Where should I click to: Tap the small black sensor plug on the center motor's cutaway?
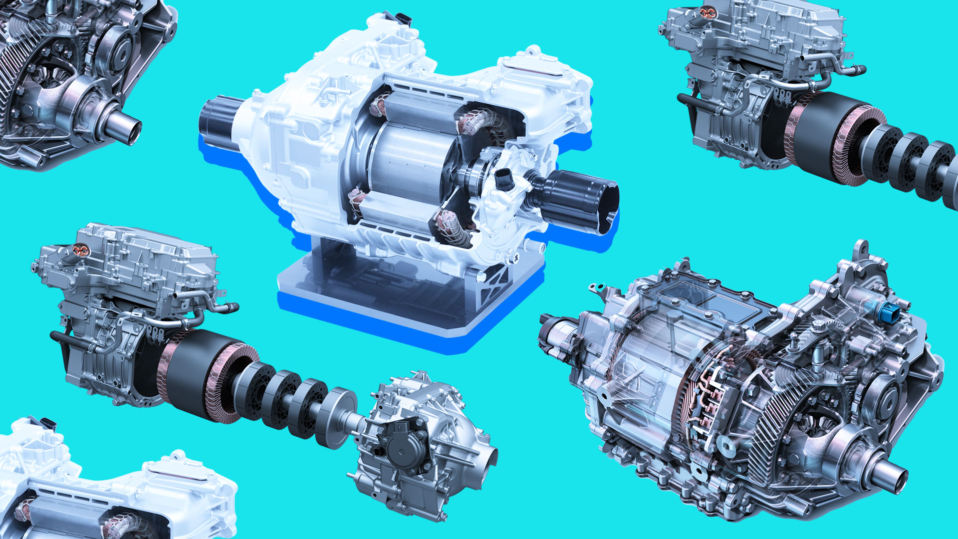[503, 177]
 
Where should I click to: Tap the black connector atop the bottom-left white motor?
[48, 423]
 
